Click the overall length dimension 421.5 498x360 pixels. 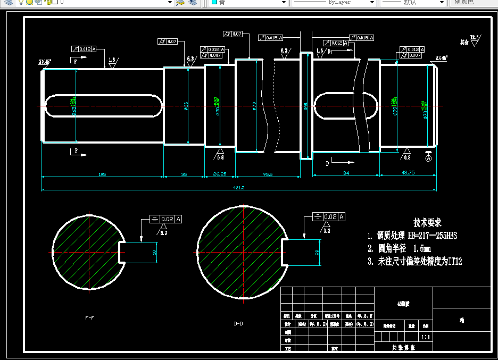click(238, 187)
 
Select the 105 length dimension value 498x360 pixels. click(102, 174)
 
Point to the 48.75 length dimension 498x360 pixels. click(408, 173)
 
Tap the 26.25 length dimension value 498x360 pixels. click(220, 174)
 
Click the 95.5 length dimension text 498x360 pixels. click(268, 174)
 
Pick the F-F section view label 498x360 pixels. click(90, 317)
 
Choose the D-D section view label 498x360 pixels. click(238, 323)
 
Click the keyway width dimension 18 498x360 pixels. click(155, 252)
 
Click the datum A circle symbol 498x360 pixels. click(429, 157)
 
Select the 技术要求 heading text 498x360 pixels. click(427, 223)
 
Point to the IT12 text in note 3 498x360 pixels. click(455, 261)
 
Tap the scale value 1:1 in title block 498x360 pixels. click(425, 337)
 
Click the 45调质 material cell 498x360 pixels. click(404, 304)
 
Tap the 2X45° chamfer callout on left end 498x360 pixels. click(45, 62)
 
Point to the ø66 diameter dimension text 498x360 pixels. click(186, 106)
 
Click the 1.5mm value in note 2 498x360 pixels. click(421, 248)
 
